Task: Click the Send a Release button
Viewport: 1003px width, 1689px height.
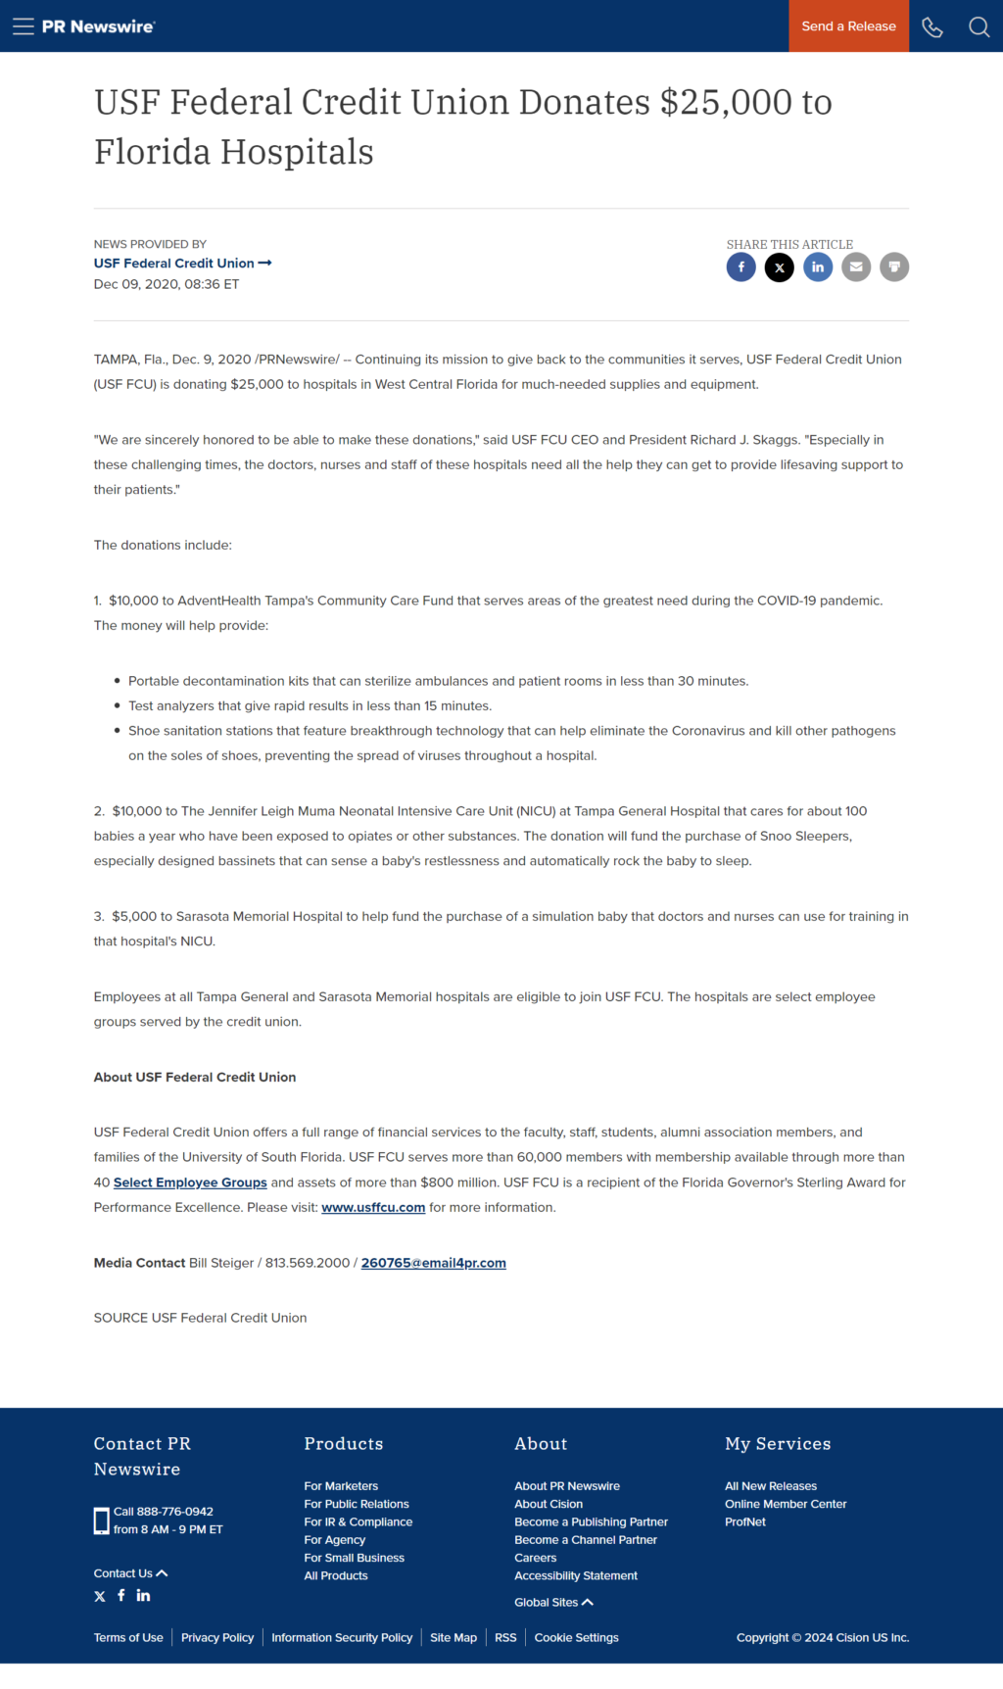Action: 848,26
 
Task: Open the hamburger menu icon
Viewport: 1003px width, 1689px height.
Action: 24,26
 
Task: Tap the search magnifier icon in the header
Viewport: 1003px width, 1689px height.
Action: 979,26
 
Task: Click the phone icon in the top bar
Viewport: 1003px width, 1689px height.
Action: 932,26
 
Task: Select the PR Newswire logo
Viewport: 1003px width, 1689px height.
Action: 98,26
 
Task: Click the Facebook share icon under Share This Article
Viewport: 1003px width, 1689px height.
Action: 741,266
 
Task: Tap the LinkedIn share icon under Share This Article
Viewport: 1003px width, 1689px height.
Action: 818,266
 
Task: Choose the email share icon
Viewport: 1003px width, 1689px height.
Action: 856,266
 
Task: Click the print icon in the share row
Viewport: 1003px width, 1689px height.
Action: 894,266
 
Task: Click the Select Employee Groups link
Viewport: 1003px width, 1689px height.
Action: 190,1182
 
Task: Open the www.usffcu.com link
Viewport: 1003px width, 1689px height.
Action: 373,1208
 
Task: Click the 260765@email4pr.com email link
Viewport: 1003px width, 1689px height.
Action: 433,1263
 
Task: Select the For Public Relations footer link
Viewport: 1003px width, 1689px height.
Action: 357,1504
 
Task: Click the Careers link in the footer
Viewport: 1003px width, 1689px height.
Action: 536,1558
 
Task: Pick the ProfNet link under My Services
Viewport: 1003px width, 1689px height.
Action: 745,1521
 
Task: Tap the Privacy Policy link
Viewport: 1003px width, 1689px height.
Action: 217,1637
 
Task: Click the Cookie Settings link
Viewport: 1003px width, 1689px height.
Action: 576,1637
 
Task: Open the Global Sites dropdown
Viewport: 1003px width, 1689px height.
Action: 553,1602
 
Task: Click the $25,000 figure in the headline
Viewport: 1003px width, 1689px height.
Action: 726,102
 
